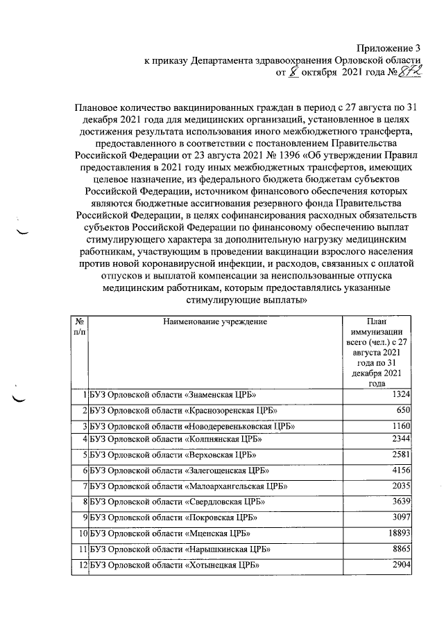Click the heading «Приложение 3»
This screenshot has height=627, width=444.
click(388, 48)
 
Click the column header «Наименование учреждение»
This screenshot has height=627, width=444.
click(215, 321)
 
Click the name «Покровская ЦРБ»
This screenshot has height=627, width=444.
click(223, 518)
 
